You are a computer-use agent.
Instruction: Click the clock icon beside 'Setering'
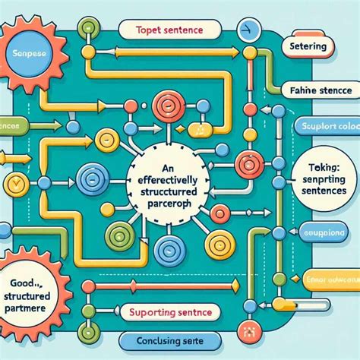[245, 31]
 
